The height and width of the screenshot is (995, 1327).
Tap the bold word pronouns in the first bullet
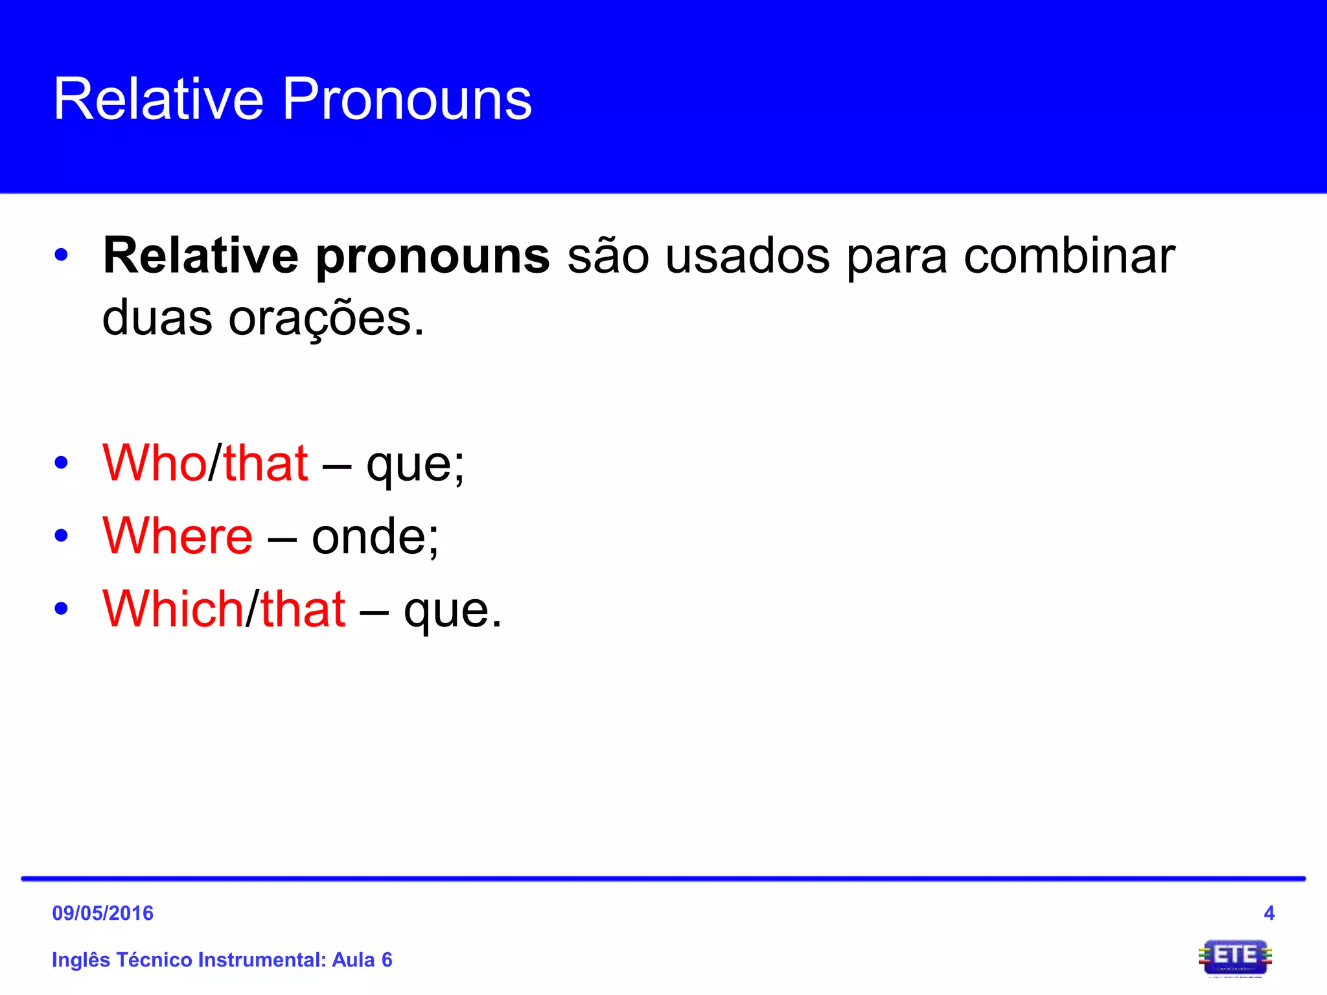click(x=432, y=257)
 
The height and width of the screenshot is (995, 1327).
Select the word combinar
click(x=1069, y=257)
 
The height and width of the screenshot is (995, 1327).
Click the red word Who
click(x=154, y=463)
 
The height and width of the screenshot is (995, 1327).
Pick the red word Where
click(x=178, y=536)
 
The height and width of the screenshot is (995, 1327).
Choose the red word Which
click(x=173, y=609)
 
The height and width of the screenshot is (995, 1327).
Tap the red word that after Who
click(x=265, y=463)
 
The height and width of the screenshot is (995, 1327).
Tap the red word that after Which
click(x=303, y=609)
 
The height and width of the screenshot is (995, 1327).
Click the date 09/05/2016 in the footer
click(x=102, y=913)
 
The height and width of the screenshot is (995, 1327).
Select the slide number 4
click(x=1269, y=913)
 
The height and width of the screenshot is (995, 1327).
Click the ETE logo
click(x=1235, y=957)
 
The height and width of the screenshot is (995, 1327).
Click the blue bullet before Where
click(x=62, y=536)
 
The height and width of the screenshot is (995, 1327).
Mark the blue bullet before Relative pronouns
click(x=62, y=255)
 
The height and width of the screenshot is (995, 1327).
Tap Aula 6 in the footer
click(x=362, y=959)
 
